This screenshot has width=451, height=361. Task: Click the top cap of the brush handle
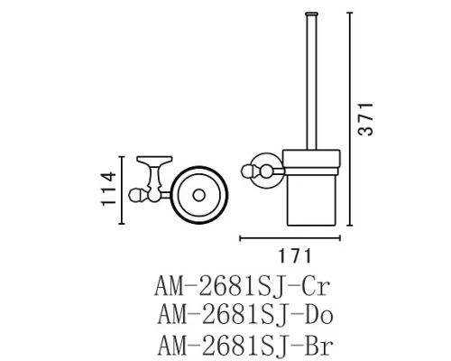315,12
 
